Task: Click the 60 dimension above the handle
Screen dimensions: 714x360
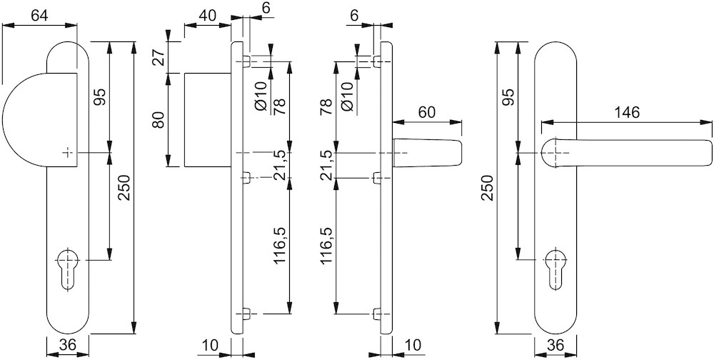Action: (427, 111)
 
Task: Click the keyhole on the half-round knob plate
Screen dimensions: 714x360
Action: (69, 269)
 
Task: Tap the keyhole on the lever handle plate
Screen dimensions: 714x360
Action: (555, 269)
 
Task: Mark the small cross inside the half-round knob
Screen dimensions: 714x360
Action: (67, 152)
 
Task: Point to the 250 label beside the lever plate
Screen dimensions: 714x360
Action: (487, 188)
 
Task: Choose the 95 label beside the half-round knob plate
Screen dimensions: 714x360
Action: (100, 96)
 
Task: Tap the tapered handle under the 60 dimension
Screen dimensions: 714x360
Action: (427, 153)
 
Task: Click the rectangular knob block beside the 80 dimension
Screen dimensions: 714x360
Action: (207, 120)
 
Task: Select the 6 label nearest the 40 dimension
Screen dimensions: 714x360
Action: (266, 7)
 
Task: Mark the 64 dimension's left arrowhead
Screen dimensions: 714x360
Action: (8, 25)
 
